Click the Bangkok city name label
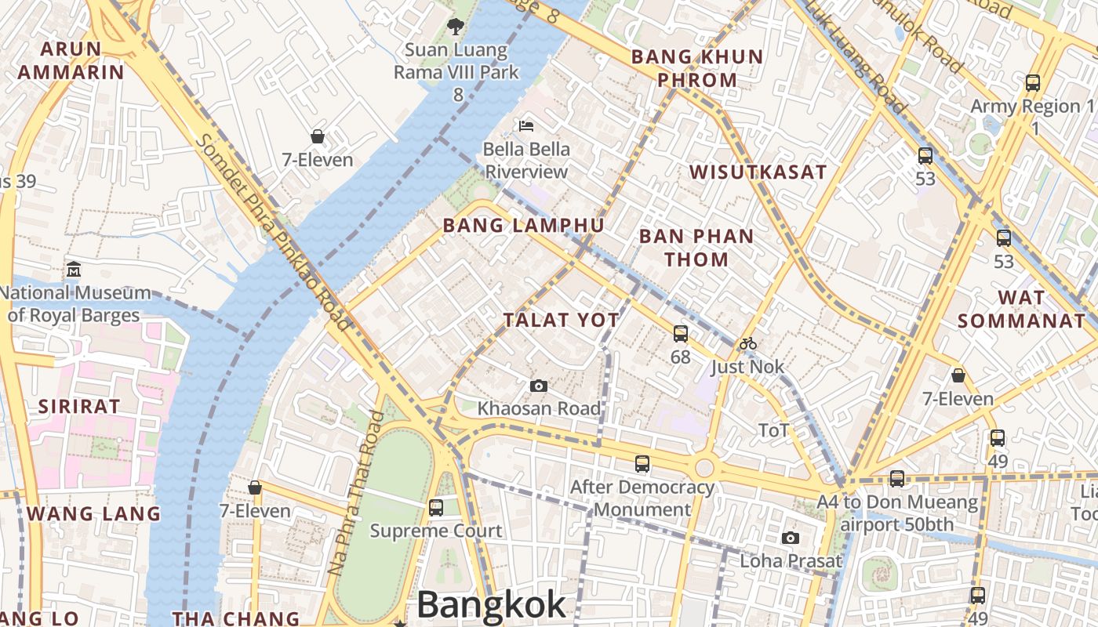tap(491, 604)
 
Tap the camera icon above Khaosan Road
tap(539, 386)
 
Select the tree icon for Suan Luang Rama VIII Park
tap(455, 27)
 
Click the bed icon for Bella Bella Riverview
tap(526, 125)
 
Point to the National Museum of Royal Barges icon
tap(74, 269)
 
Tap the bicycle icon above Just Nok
tap(747, 343)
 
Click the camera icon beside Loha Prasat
tap(791, 538)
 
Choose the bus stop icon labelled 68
tap(680, 334)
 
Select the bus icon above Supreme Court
tap(436, 508)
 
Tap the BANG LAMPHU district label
tap(523, 226)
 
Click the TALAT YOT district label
tap(561, 320)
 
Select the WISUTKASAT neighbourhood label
tap(758, 172)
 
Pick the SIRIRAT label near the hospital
tap(79, 407)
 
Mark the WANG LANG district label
tap(93, 514)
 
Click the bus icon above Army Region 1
tap(1033, 82)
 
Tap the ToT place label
tap(773, 430)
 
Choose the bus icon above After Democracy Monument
tap(642, 464)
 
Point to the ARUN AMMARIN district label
tap(71, 60)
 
